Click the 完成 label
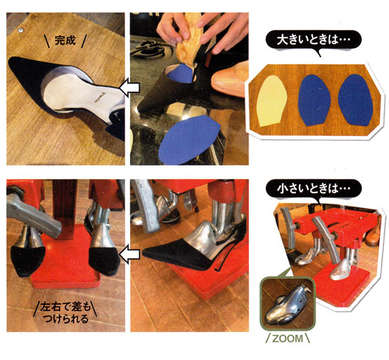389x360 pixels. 65,41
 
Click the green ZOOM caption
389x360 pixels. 288,338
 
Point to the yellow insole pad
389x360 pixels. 272,101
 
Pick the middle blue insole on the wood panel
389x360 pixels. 315,100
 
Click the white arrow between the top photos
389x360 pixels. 129,87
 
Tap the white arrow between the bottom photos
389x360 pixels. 129,254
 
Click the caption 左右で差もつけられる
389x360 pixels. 65,312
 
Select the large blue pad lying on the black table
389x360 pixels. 189,140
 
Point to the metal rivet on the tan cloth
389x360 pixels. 20,30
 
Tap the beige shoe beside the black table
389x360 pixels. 229,80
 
